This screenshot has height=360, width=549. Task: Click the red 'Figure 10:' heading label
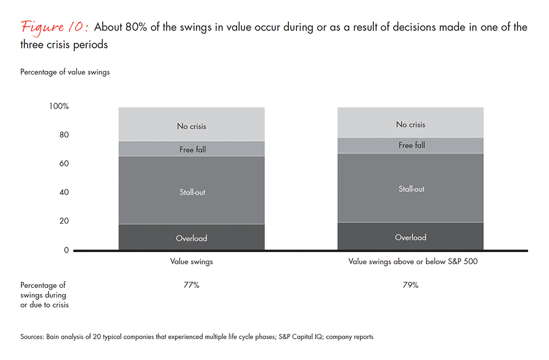tap(54, 27)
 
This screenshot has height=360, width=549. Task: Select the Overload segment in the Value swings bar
tap(191, 237)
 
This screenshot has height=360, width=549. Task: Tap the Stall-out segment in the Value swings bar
tap(191, 191)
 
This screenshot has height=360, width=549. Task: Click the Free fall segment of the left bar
tap(191, 149)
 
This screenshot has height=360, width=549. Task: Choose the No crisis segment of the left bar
tap(191, 125)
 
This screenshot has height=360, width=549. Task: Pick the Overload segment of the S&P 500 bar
tap(410, 236)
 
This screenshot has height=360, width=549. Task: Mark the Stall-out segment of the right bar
tap(410, 188)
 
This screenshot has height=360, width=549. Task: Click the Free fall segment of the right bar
tap(410, 145)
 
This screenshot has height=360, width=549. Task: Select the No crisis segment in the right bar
tap(410, 123)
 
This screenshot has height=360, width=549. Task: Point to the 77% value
tap(191, 285)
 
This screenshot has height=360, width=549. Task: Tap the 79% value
tap(411, 285)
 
